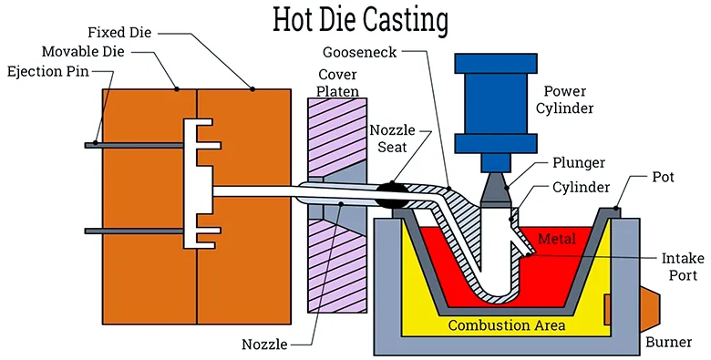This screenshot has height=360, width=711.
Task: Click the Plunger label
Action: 578,162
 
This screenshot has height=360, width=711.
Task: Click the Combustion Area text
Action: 506,324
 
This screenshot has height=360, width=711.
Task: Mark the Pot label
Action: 663,176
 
